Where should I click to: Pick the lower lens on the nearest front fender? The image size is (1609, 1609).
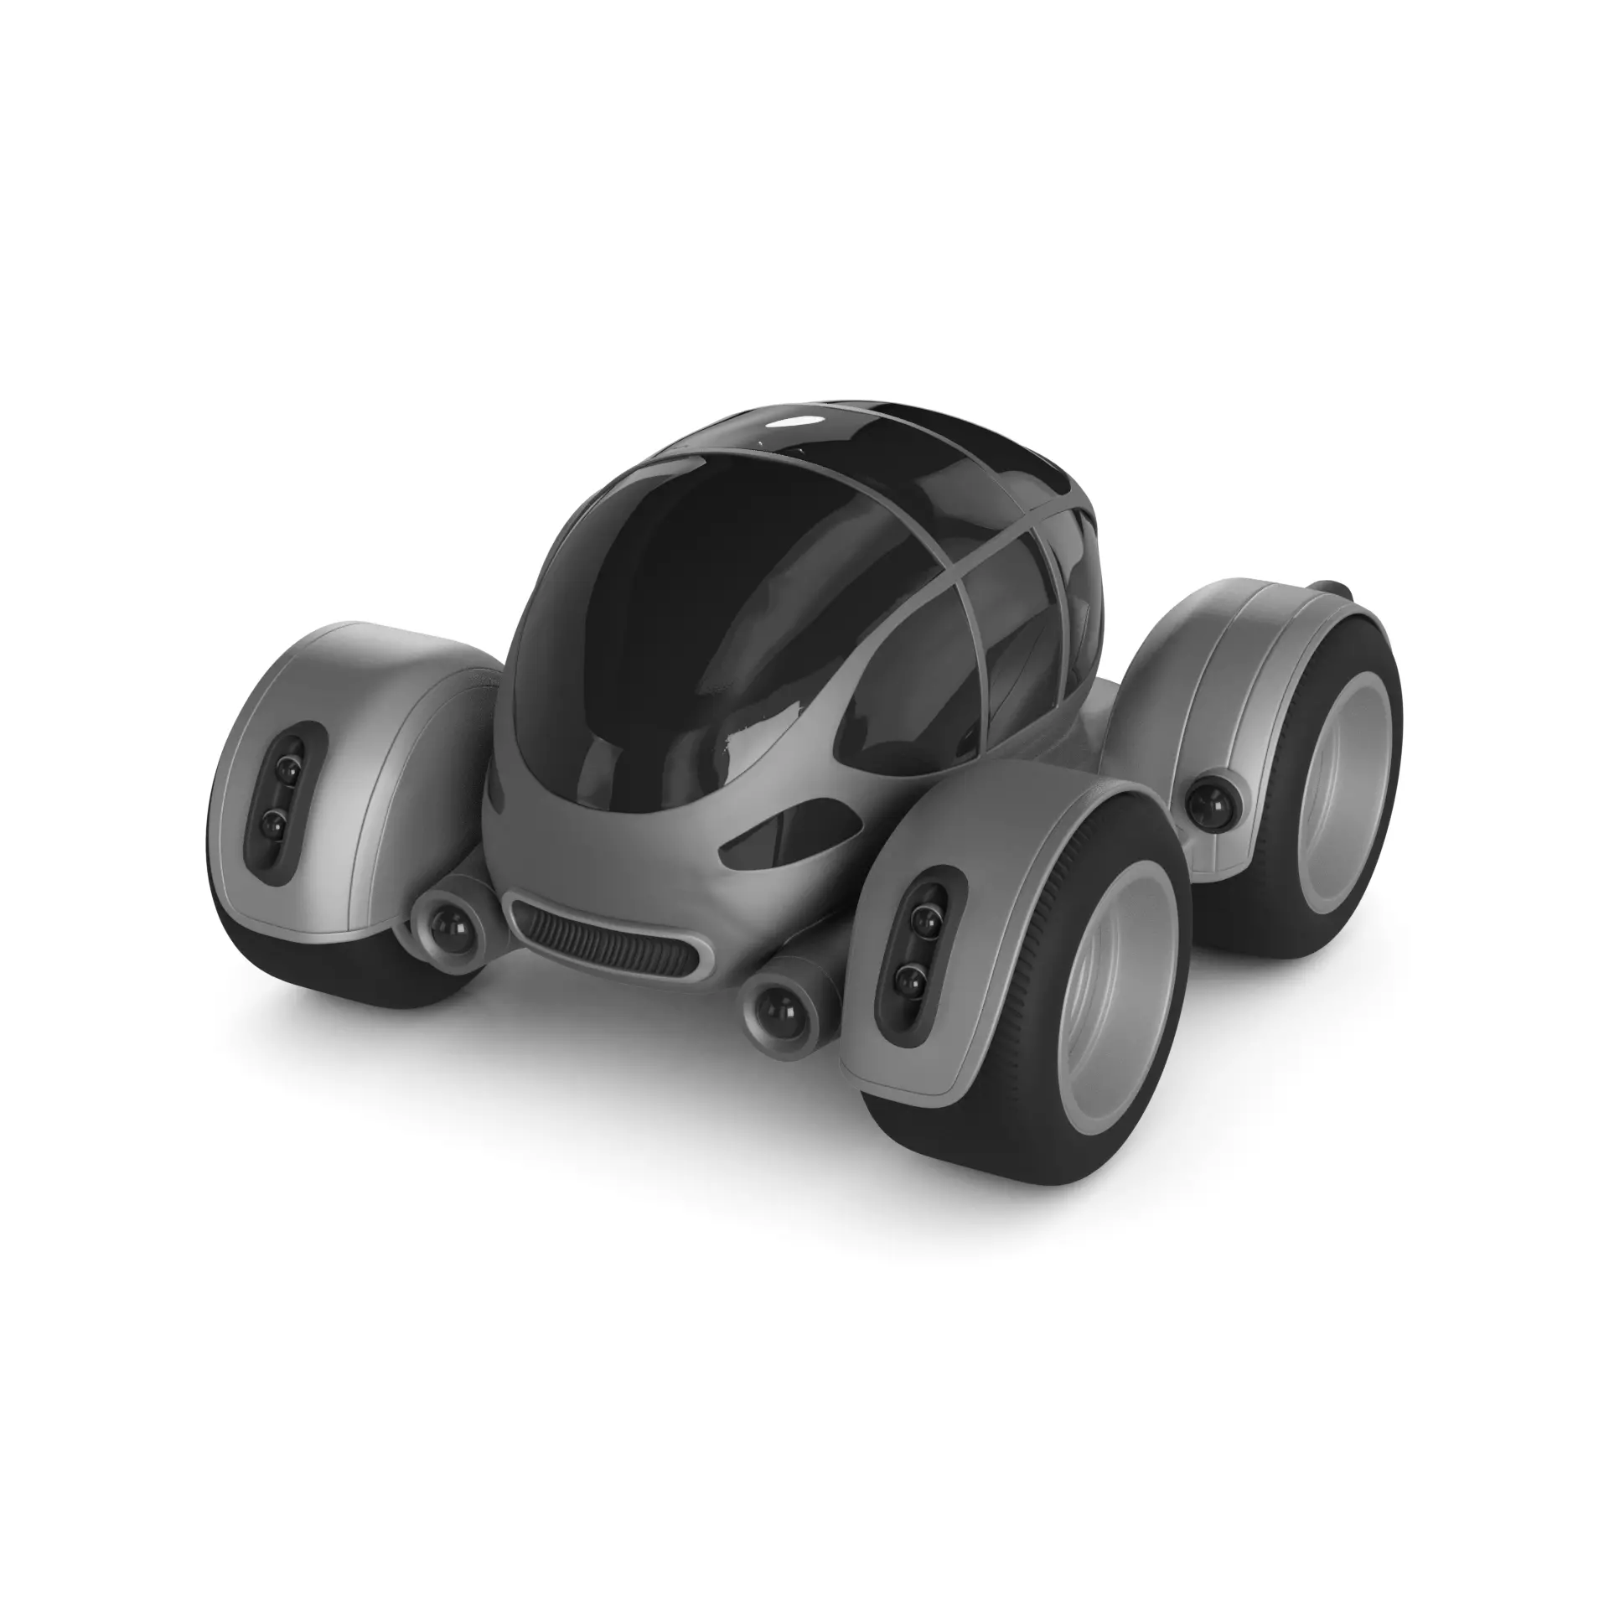pos(908,977)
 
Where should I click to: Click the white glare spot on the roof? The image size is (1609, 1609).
pos(792,422)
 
